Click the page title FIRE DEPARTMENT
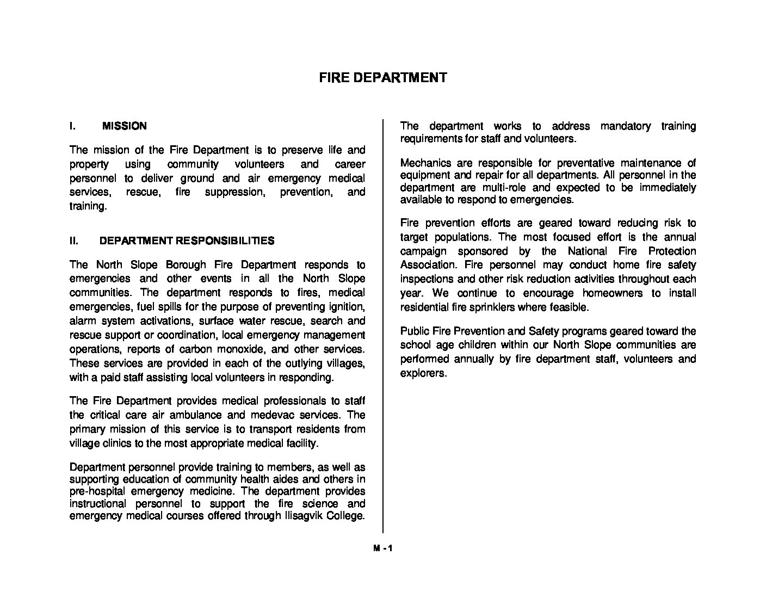pyautogui.click(x=382, y=77)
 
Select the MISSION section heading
pyautogui.click(x=124, y=126)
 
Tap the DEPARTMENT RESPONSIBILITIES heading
pyautogui.click(x=187, y=241)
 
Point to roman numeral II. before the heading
pyautogui.click(x=75, y=241)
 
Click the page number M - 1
pyautogui.click(x=382, y=548)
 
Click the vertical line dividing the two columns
pyautogui.click(x=383, y=326)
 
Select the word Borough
pyautogui.click(x=182, y=265)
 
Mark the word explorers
pyautogui.click(x=423, y=374)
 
